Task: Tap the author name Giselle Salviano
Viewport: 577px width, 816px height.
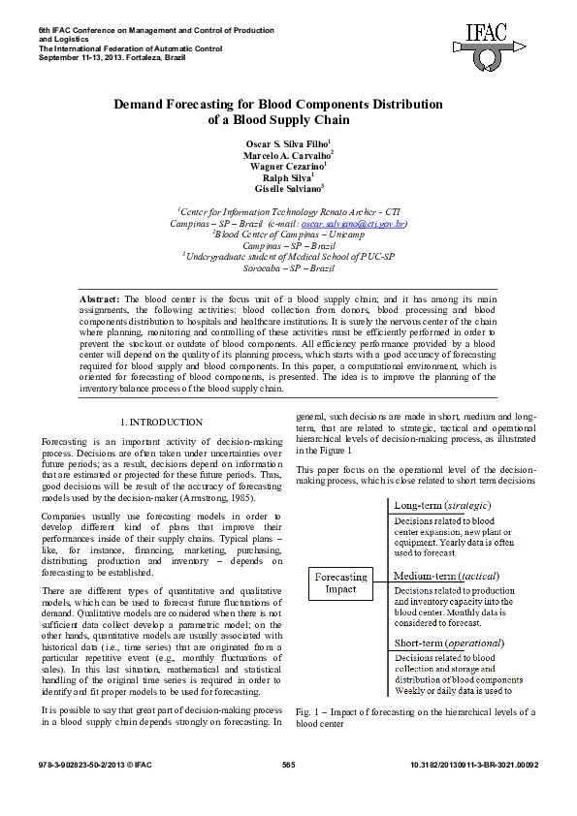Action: (x=287, y=189)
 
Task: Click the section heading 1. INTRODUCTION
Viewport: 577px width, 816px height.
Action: (x=161, y=422)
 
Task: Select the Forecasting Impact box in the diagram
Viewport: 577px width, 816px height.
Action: (x=340, y=582)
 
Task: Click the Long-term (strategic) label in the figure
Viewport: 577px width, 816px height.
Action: (x=442, y=505)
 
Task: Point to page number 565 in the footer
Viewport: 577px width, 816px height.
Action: (x=288, y=766)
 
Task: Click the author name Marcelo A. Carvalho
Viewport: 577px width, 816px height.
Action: (x=287, y=154)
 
